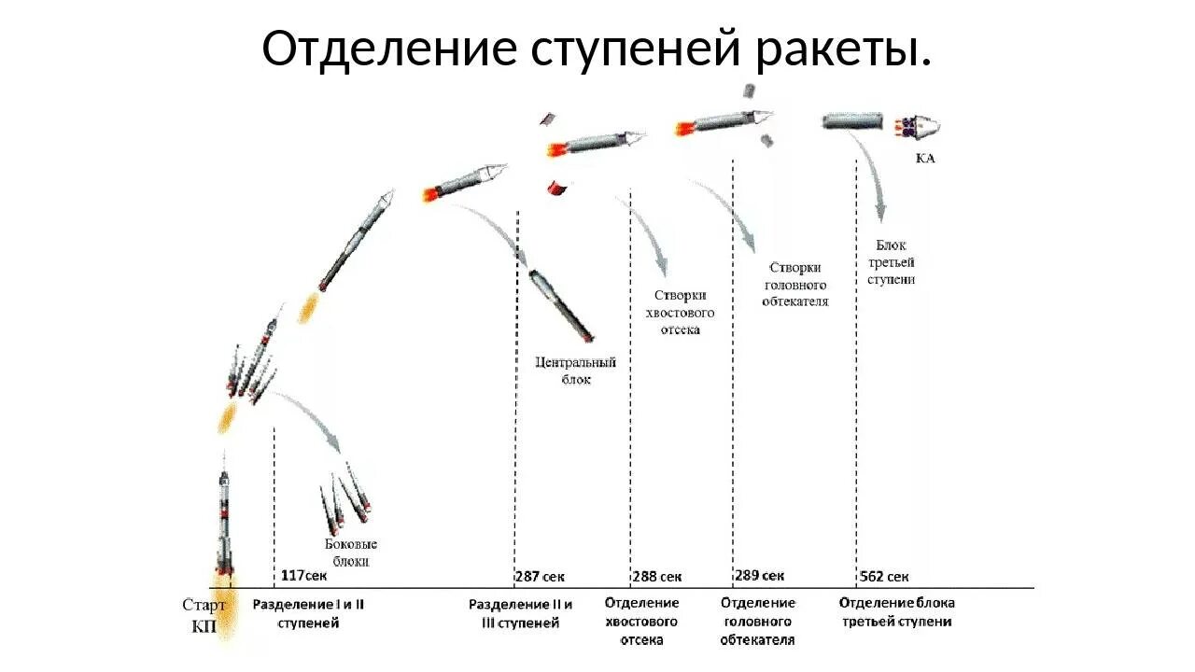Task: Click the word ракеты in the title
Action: tap(843, 49)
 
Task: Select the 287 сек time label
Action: tap(540, 576)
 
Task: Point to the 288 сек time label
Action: tap(657, 576)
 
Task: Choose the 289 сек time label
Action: tap(759, 576)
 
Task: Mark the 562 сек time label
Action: tap(883, 576)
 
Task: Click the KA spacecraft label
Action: tap(925, 159)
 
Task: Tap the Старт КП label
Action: tap(204, 616)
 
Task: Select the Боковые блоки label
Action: tap(351, 553)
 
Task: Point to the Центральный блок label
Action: tap(576, 371)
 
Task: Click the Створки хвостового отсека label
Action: tap(679, 311)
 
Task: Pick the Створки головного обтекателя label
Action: tap(795, 284)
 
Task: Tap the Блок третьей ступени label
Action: tap(891, 262)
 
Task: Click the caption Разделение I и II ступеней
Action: tap(308, 613)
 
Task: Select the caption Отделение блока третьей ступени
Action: tap(896, 612)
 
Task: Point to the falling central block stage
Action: tap(560, 304)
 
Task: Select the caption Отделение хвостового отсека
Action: tap(641, 621)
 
